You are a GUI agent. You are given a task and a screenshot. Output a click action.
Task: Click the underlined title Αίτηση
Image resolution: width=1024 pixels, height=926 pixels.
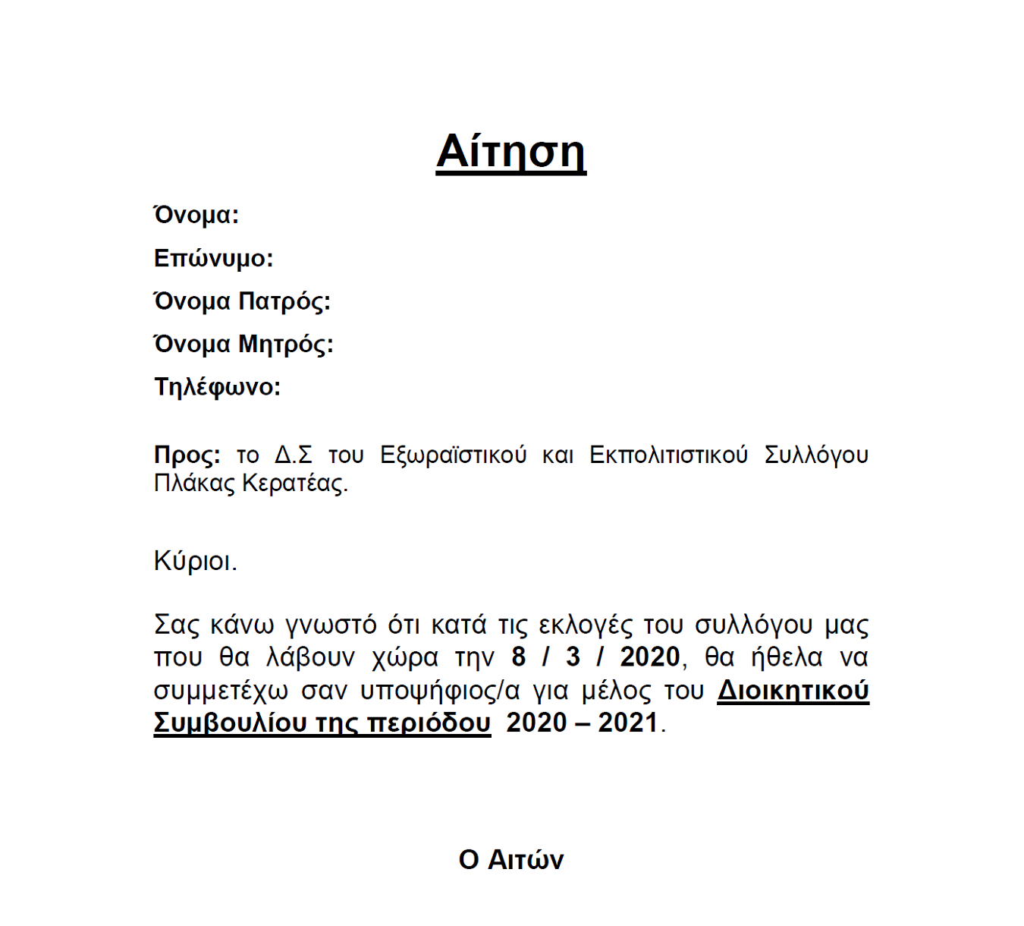pyautogui.click(x=510, y=152)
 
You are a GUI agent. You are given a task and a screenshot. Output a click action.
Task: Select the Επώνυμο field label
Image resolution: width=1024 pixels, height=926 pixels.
pyautogui.click(x=213, y=259)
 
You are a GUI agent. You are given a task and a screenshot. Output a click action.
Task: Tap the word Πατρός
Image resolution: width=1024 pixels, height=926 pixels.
pyautogui.click(x=284, y=302)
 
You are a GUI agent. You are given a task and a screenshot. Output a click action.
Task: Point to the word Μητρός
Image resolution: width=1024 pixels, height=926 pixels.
pyautogui.click(x=286, y=345)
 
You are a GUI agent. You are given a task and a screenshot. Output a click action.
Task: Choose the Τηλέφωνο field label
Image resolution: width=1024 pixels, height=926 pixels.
pyautogui.click(x=217, y=387)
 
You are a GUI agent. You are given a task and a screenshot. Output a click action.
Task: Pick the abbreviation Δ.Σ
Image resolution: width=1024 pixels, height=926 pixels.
pyautogui.click(x=293, y=455)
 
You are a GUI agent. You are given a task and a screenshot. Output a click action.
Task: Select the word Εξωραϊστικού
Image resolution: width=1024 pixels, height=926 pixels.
pyautogui.click(x=453, y=455)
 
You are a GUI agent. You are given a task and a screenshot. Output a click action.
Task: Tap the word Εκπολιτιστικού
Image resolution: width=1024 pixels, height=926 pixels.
pyautogui.click(x=668, y=455)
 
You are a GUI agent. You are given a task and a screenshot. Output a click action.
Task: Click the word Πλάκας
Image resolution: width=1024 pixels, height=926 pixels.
pyautogui.click(x=194, y=483)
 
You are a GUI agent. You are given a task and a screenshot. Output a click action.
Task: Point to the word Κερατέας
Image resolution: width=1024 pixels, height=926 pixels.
pyautogui.click(x=294, y=483)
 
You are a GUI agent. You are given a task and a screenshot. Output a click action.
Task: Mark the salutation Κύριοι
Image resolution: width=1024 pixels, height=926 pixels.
pyautogui.click(x=195, y=561)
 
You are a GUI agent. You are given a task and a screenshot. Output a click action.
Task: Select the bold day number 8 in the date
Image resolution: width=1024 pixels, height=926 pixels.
pyautogui.click(x=519, y=657)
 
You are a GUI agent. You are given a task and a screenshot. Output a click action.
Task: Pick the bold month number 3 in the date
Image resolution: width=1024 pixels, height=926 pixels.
pyautogui.click(x=573, y=657)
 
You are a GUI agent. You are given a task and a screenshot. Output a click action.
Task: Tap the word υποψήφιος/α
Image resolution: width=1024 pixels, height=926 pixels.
pyautogui.click(x=440, y=691)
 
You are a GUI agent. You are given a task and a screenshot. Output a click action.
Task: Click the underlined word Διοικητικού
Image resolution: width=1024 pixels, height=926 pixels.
pyautogui.click(x=793, y=691)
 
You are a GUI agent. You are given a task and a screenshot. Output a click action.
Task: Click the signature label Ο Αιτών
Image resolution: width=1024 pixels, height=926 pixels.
pyautogui.click(x=511, y=860)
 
